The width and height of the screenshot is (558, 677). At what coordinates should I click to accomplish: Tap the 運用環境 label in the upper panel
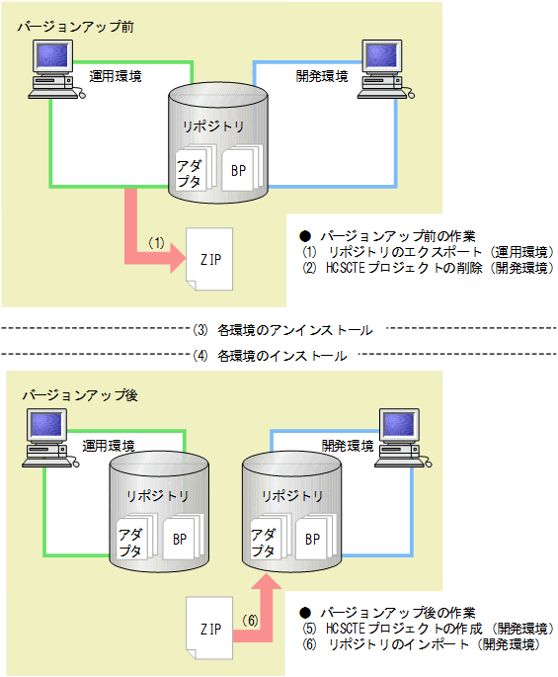[x=116, y=75]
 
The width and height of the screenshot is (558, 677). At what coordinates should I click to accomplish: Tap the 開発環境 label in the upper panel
[x=322, y=75]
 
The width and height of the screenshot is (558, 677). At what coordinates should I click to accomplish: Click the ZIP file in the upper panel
[x=210, y=260]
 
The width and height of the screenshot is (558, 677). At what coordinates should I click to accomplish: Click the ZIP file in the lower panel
[x=209, y=628]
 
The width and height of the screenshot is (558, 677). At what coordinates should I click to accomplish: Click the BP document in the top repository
[x=240, y=170]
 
